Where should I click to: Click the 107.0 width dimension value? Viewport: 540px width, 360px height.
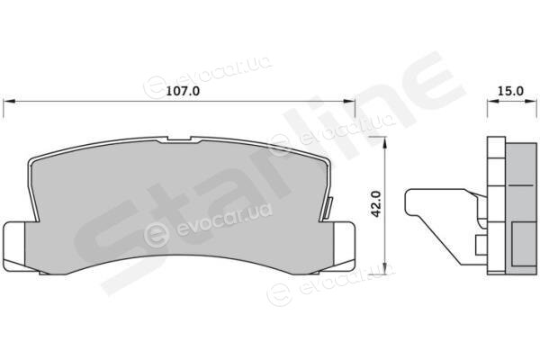point(183,91)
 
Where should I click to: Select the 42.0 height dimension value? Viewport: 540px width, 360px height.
point(377,204)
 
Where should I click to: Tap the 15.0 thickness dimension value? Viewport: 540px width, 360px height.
point(510,91)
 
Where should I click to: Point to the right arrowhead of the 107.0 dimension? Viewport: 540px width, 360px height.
point(349,102)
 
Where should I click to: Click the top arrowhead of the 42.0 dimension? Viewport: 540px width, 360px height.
point(385,142)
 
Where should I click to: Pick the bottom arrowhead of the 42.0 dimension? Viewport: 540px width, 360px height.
point(385,269)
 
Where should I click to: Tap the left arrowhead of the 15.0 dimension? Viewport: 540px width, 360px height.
point(493,102)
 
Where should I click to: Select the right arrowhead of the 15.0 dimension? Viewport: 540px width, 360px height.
point(531,102)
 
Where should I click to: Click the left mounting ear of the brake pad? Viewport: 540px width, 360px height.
point(14,246)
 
